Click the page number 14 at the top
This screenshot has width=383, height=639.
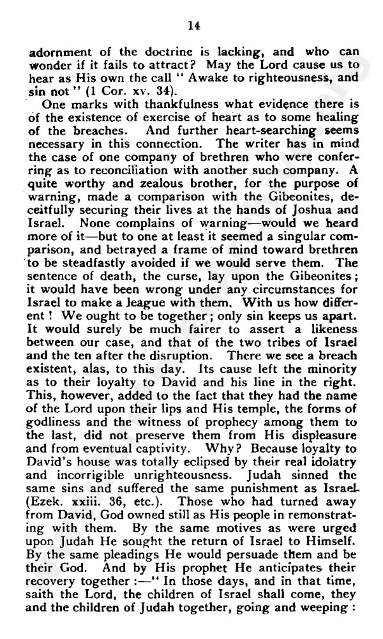click(x=191, y=25)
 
